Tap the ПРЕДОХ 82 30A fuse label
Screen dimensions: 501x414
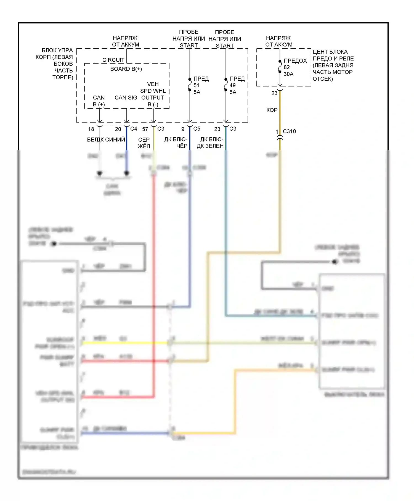pos(295,67)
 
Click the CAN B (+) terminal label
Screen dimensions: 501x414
pos(99,101)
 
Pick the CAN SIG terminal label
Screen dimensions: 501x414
pos(126,97)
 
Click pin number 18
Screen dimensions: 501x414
pos(91,129)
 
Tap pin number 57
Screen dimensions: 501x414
pos(145,129)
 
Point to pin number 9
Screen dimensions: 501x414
pos(183,129)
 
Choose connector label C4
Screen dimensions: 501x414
pos(134,129)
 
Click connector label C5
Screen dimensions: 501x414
pos(197,129)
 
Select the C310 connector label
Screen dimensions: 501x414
pos(289,131)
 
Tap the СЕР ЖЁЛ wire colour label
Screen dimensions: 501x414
pos(144,143)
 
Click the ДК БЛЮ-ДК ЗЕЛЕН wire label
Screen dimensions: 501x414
pos(210,143)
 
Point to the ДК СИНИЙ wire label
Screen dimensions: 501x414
pos(111,140)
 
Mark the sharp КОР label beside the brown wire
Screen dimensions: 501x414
pos(272,110)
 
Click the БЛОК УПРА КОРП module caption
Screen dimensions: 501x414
pos(55,64)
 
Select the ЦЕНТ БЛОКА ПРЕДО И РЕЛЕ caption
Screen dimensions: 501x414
pos(333,65)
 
